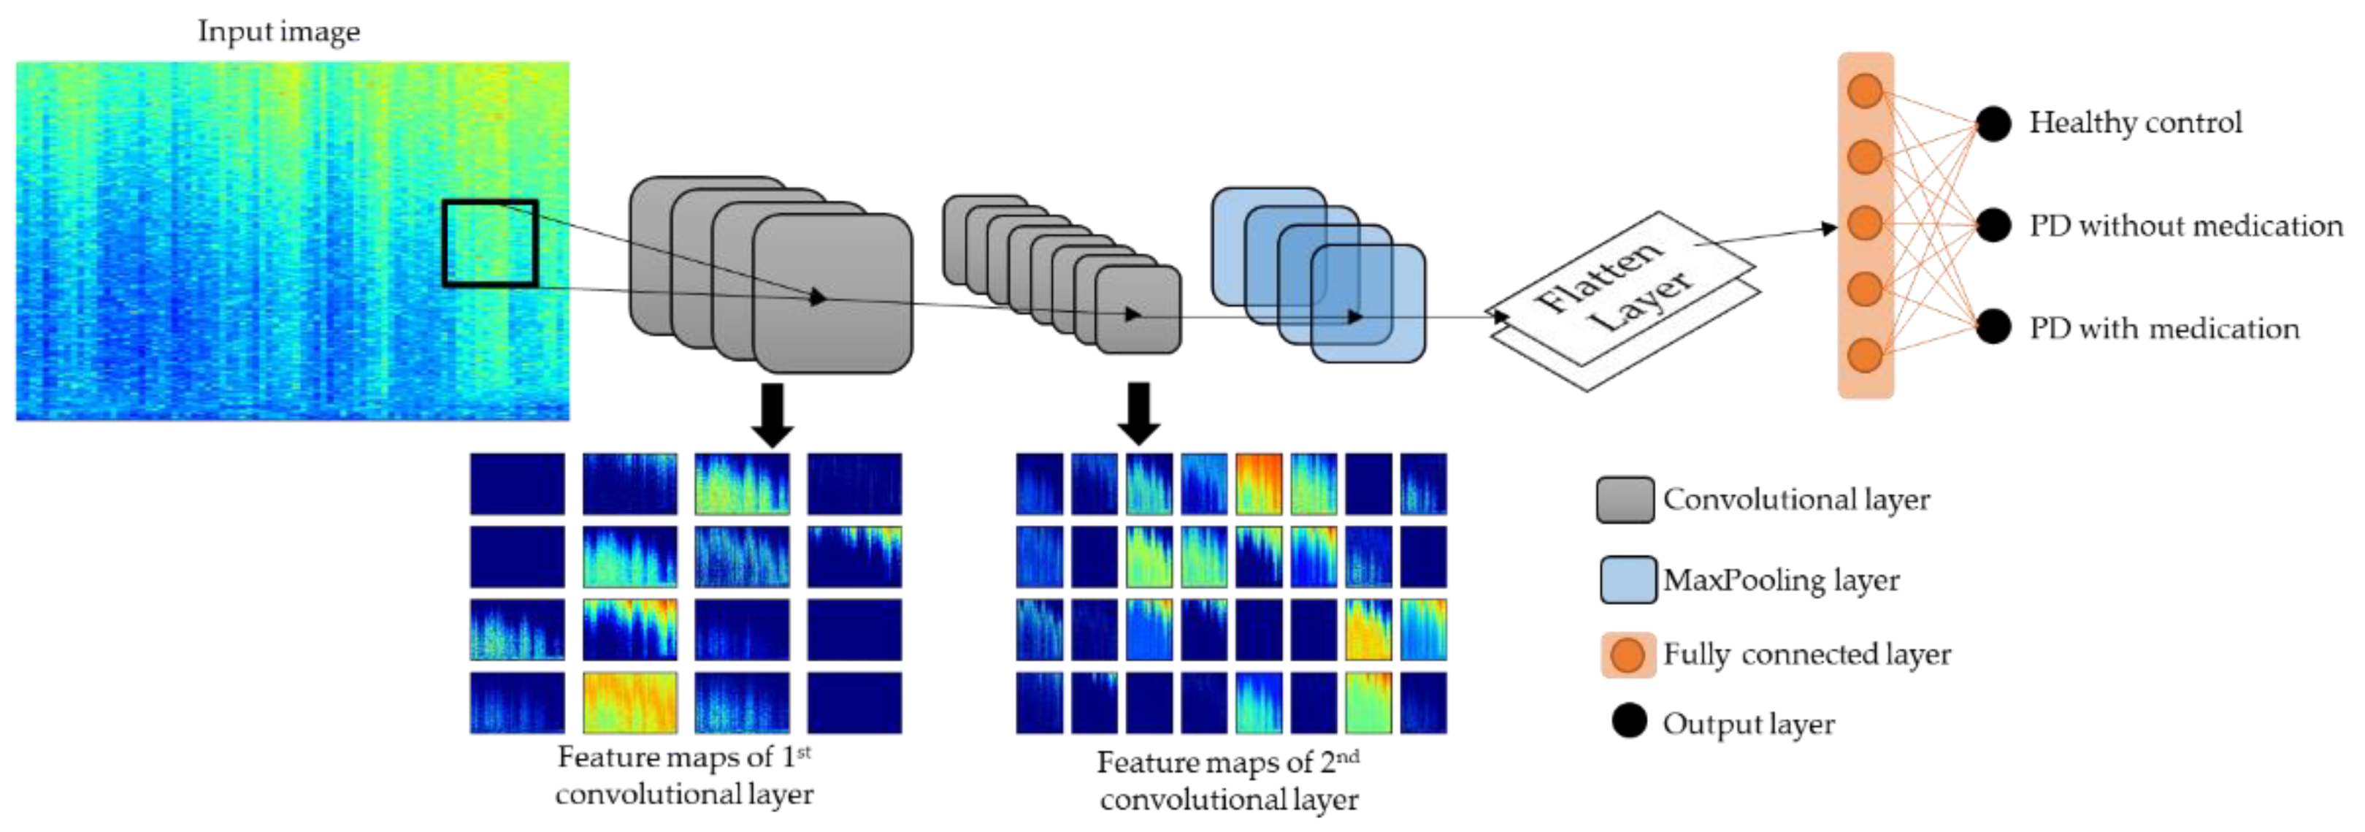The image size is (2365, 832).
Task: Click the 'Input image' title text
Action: [x=278, y=31]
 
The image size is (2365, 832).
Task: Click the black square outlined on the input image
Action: [x=489, y=243]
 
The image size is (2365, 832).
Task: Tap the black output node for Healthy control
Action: [x=1993, y=124]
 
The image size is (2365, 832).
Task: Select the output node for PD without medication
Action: [x=1993, y=225]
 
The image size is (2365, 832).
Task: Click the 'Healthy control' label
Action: [x=2134, y=122]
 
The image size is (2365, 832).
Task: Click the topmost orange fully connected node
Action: [x=1865, y=91]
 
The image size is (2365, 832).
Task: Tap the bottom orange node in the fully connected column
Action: [x=1865, y=356]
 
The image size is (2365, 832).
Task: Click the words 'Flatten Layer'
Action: [x=1615, y=285]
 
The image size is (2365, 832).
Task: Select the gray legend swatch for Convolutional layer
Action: [x=1625, y=500]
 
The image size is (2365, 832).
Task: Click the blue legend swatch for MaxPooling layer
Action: [x=1628, y=579]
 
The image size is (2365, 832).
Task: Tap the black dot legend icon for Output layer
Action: [x=1629, y=722]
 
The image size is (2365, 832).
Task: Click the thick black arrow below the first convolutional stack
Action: [x=772, y=414]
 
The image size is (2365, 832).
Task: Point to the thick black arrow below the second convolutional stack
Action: [x=1138, y=413]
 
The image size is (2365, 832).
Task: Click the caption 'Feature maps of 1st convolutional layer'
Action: [x=684, y=775]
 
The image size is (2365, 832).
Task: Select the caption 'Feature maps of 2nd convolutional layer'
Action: [x=1228, y=781]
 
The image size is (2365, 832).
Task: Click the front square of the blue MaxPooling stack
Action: [x=1368, y=303]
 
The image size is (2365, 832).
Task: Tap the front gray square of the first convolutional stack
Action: [x=832, y=294]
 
